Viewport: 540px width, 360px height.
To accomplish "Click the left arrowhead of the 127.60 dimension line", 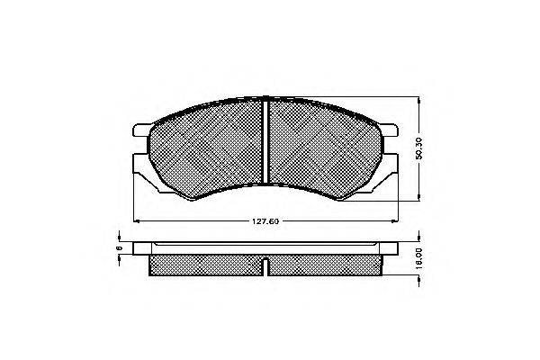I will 136,220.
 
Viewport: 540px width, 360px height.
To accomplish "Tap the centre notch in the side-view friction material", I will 267,265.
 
